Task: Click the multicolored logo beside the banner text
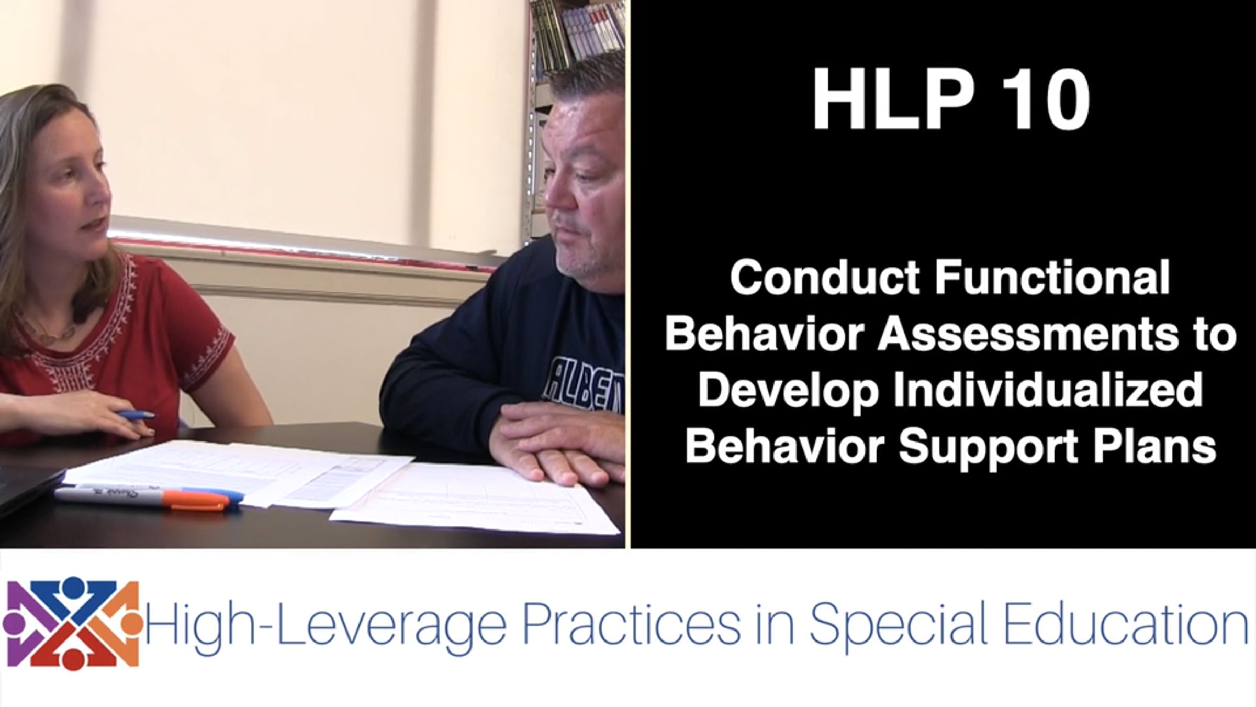tap(72, 623)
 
